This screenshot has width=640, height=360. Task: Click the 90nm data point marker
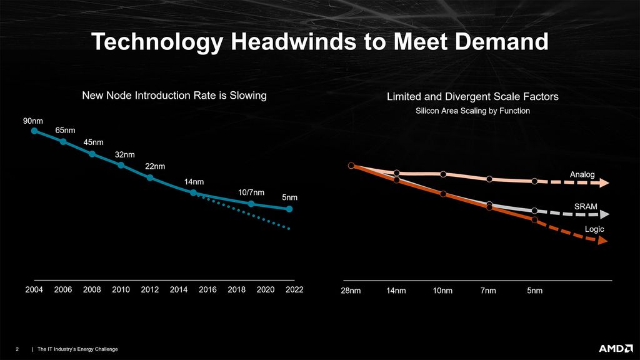pyautogui.click(x=34, y=131)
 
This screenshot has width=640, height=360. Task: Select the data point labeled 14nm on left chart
pyautogui.click(x=193, y=192)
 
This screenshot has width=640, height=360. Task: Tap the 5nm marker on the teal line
pyautogui.click(x=289, y=209)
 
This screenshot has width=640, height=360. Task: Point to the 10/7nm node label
pyautogui.click(x=251, y=192)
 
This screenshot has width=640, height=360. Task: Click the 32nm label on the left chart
pyautogui.click(x=125, y=154)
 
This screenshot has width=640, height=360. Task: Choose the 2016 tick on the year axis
pyautogui.click(x=207, y=290)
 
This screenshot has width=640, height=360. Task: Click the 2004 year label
pyautogui.click(x=34, y=290)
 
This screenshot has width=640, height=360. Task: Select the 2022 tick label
pyautogui.click(x=294, y=290)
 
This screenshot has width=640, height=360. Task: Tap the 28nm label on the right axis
pyautogui.click(x=351, y=291)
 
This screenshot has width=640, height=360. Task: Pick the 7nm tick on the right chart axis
pyautogui.click(x=489, y=291)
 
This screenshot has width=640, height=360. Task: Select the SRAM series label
pyautogui.click(x=585, y=206)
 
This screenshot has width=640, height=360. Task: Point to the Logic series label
pyautogui.click(x=594, y=229)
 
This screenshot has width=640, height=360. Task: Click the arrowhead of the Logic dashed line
pyautogui.click(x=601, y=240)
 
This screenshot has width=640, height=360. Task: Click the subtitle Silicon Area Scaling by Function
pyautogui.click(x=472, y=111)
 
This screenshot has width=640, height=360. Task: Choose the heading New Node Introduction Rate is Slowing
pyautogui.click(x=174, y=96)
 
